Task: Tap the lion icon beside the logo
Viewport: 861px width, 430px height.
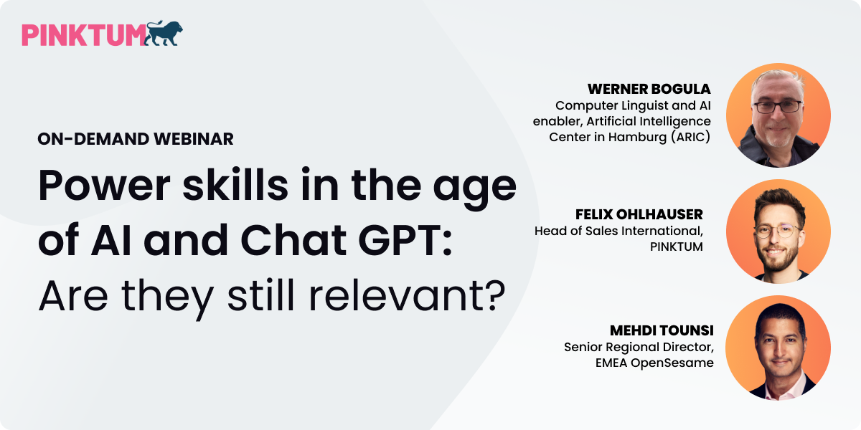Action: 164,33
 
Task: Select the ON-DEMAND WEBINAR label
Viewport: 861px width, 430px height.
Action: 136,139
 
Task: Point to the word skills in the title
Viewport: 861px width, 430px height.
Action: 235,184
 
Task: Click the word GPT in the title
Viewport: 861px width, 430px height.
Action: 405,240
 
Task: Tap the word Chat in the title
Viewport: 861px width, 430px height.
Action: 293,240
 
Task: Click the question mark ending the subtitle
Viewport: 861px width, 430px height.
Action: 492,295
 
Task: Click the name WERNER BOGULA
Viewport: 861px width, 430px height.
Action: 649,89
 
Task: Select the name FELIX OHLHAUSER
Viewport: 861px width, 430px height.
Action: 639,214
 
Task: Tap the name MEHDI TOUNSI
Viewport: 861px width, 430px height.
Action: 662,330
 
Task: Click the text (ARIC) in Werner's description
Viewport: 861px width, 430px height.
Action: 691,137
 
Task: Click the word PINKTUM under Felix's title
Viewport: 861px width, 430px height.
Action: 676,247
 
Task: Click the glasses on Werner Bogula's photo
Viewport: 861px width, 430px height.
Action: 777,106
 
